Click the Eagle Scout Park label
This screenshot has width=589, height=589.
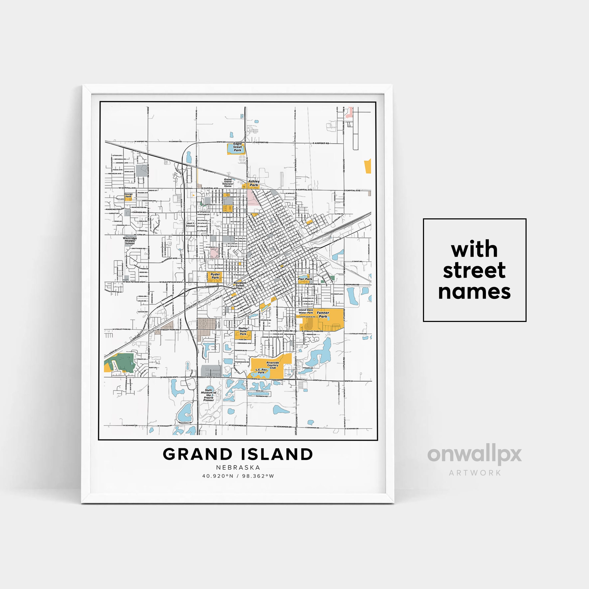[237, 147]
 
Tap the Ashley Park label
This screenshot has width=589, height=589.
[254, 183]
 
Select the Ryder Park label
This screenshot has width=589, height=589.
[215, 276]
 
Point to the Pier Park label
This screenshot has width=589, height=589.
[305, 279]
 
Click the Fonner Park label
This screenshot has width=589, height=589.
[323, 314]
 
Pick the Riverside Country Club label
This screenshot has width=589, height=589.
[272, 365]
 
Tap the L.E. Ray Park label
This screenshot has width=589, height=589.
[261, 371]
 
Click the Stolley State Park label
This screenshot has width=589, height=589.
[243, 331]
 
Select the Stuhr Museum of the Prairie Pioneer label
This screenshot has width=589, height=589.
[209, 395]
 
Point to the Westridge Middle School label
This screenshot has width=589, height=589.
[130, 241]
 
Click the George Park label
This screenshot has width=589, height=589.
[128, 195]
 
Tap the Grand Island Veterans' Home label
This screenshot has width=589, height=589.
[228, 183]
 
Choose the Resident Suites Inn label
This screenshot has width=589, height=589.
[240, 285]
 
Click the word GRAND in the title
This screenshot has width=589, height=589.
[197, 455]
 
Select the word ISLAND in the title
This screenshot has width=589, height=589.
[277, 455]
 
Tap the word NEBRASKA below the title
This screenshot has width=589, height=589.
[238, 467]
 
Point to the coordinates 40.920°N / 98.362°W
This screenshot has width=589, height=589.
[238, 476]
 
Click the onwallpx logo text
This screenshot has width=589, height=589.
[474, 455]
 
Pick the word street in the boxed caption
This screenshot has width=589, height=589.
[474, 270]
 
